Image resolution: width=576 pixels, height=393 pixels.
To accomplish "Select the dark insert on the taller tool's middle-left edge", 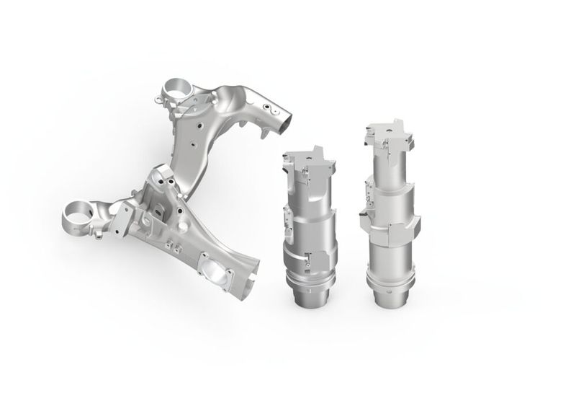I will tap(361, 213).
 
